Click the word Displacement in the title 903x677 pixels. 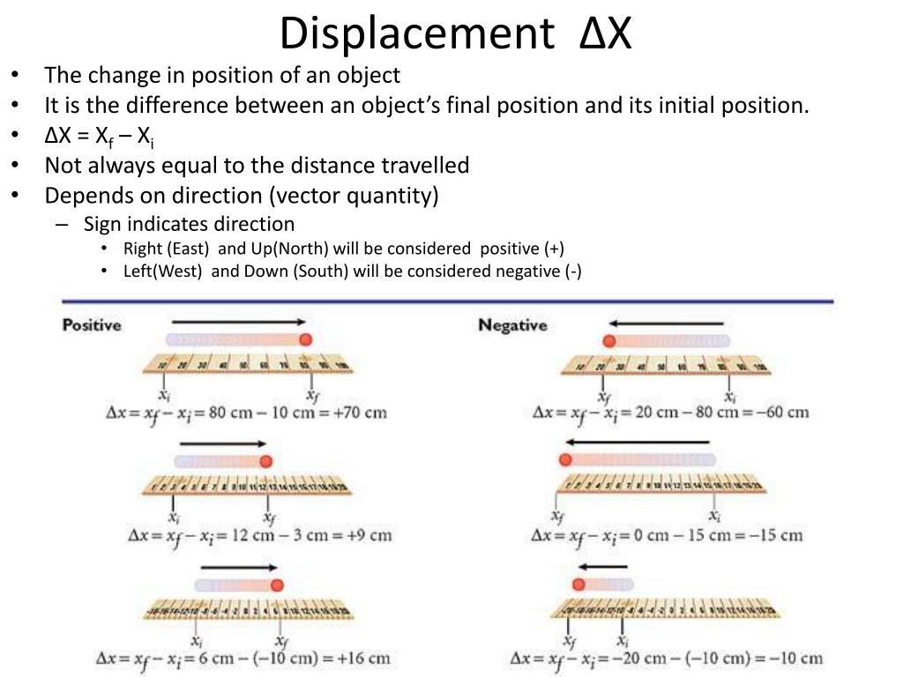(413, 33)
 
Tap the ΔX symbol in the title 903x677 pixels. (606, 33)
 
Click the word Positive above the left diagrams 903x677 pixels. (92, 325)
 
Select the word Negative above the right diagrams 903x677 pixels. (512, 325)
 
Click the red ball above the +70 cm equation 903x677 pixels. (306, 340)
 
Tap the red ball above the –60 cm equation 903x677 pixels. (608, 341)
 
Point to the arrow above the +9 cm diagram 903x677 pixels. (222, 444)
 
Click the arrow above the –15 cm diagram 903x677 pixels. (637, 442)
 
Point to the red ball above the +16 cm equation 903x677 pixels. (278, 584)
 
